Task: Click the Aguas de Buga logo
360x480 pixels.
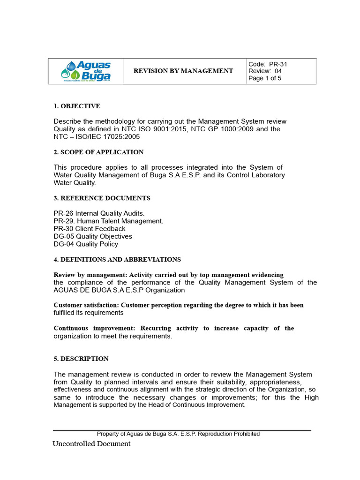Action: (x=86, y=71)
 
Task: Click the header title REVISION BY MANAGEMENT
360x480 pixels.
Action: (x=183, y=71)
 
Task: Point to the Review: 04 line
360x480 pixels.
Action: (x=265, y=71)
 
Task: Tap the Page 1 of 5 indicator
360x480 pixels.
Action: (x=265, y=78)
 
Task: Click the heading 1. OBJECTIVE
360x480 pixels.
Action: (x=77, y=106)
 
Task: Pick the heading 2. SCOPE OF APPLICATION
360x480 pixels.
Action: (x=98, y=152)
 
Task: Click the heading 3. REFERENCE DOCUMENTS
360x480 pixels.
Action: (x=102, y=198)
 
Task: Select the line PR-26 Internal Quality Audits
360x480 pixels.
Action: (x=99, y=213)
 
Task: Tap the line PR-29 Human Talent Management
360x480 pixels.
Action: (x=108, y=221)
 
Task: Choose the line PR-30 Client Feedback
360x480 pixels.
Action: (x=90, y=229)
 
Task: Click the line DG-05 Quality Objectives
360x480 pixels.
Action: (x=93, y=236)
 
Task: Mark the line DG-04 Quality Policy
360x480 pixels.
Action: (x=86, y=244)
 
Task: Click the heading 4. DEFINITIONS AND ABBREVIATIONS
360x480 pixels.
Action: (x=117, y=260)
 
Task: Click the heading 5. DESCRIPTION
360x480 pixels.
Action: (x=81, y=359)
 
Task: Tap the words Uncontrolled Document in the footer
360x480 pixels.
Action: (x=91, y=443)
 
